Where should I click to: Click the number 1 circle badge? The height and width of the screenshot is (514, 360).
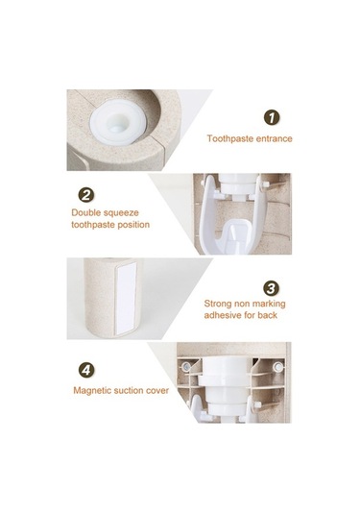272,117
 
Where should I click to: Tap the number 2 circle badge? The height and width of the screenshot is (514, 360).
86,195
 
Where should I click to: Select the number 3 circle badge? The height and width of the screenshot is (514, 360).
272,288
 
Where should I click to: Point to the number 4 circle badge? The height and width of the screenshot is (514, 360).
86,370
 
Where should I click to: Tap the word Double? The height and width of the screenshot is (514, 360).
86,212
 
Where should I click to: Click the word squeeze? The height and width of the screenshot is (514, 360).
122,213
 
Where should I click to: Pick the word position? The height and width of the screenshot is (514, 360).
133,225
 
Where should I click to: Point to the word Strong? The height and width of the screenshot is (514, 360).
218,304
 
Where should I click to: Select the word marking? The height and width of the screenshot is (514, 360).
269,304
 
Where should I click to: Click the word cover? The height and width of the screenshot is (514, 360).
156,391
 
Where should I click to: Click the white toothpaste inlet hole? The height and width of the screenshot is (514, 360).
117,124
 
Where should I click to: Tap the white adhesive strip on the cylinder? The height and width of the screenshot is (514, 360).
126,298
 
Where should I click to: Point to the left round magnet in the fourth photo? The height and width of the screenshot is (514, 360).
186,366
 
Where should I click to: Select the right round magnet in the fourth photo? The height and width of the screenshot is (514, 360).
278,366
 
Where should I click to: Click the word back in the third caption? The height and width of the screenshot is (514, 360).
267,315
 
